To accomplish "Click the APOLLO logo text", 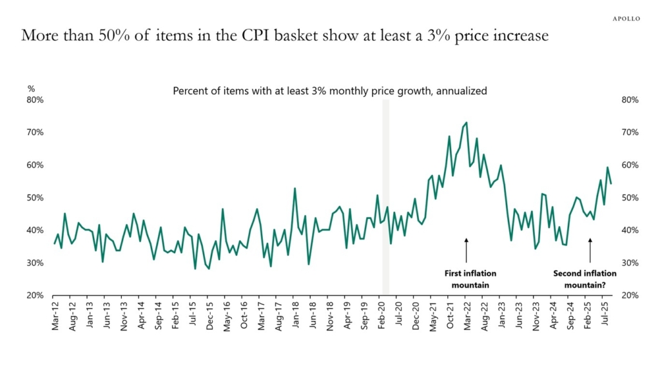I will pos(626,19).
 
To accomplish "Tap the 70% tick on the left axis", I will pos(35,132).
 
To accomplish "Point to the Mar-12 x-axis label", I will pos(55,316).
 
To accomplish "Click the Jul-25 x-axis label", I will pos(607,316).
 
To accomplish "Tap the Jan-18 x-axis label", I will pos(295,316).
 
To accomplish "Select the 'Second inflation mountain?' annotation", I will pos(585,278).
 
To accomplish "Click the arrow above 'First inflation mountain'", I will pos(466,249).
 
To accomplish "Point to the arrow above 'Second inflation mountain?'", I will pos(590,249).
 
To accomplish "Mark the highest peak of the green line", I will pos(466,122).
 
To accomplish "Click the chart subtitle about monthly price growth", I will pos(329,91).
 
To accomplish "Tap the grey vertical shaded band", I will pos(385,194).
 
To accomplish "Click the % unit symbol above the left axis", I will pos(31,88).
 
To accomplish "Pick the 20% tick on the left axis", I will pos(35,295).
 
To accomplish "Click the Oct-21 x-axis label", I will pos(449,316).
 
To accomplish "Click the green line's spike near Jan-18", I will pos(295,189).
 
